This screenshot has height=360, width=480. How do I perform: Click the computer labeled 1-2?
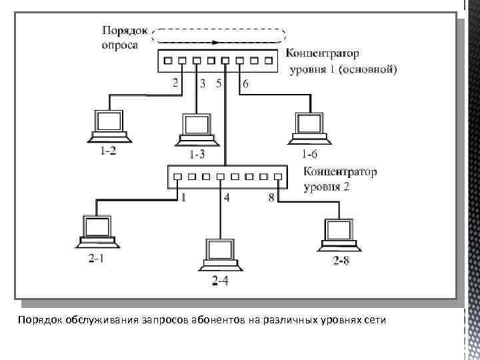point(109,127)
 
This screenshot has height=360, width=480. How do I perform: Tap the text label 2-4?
point(219,281)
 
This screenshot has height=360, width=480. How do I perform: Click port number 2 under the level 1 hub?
point(175,83)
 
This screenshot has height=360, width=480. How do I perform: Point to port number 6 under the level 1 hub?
point(245,84)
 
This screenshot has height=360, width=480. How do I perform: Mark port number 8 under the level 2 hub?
point(271,197)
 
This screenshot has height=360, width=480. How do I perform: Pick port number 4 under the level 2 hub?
point(227,198)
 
